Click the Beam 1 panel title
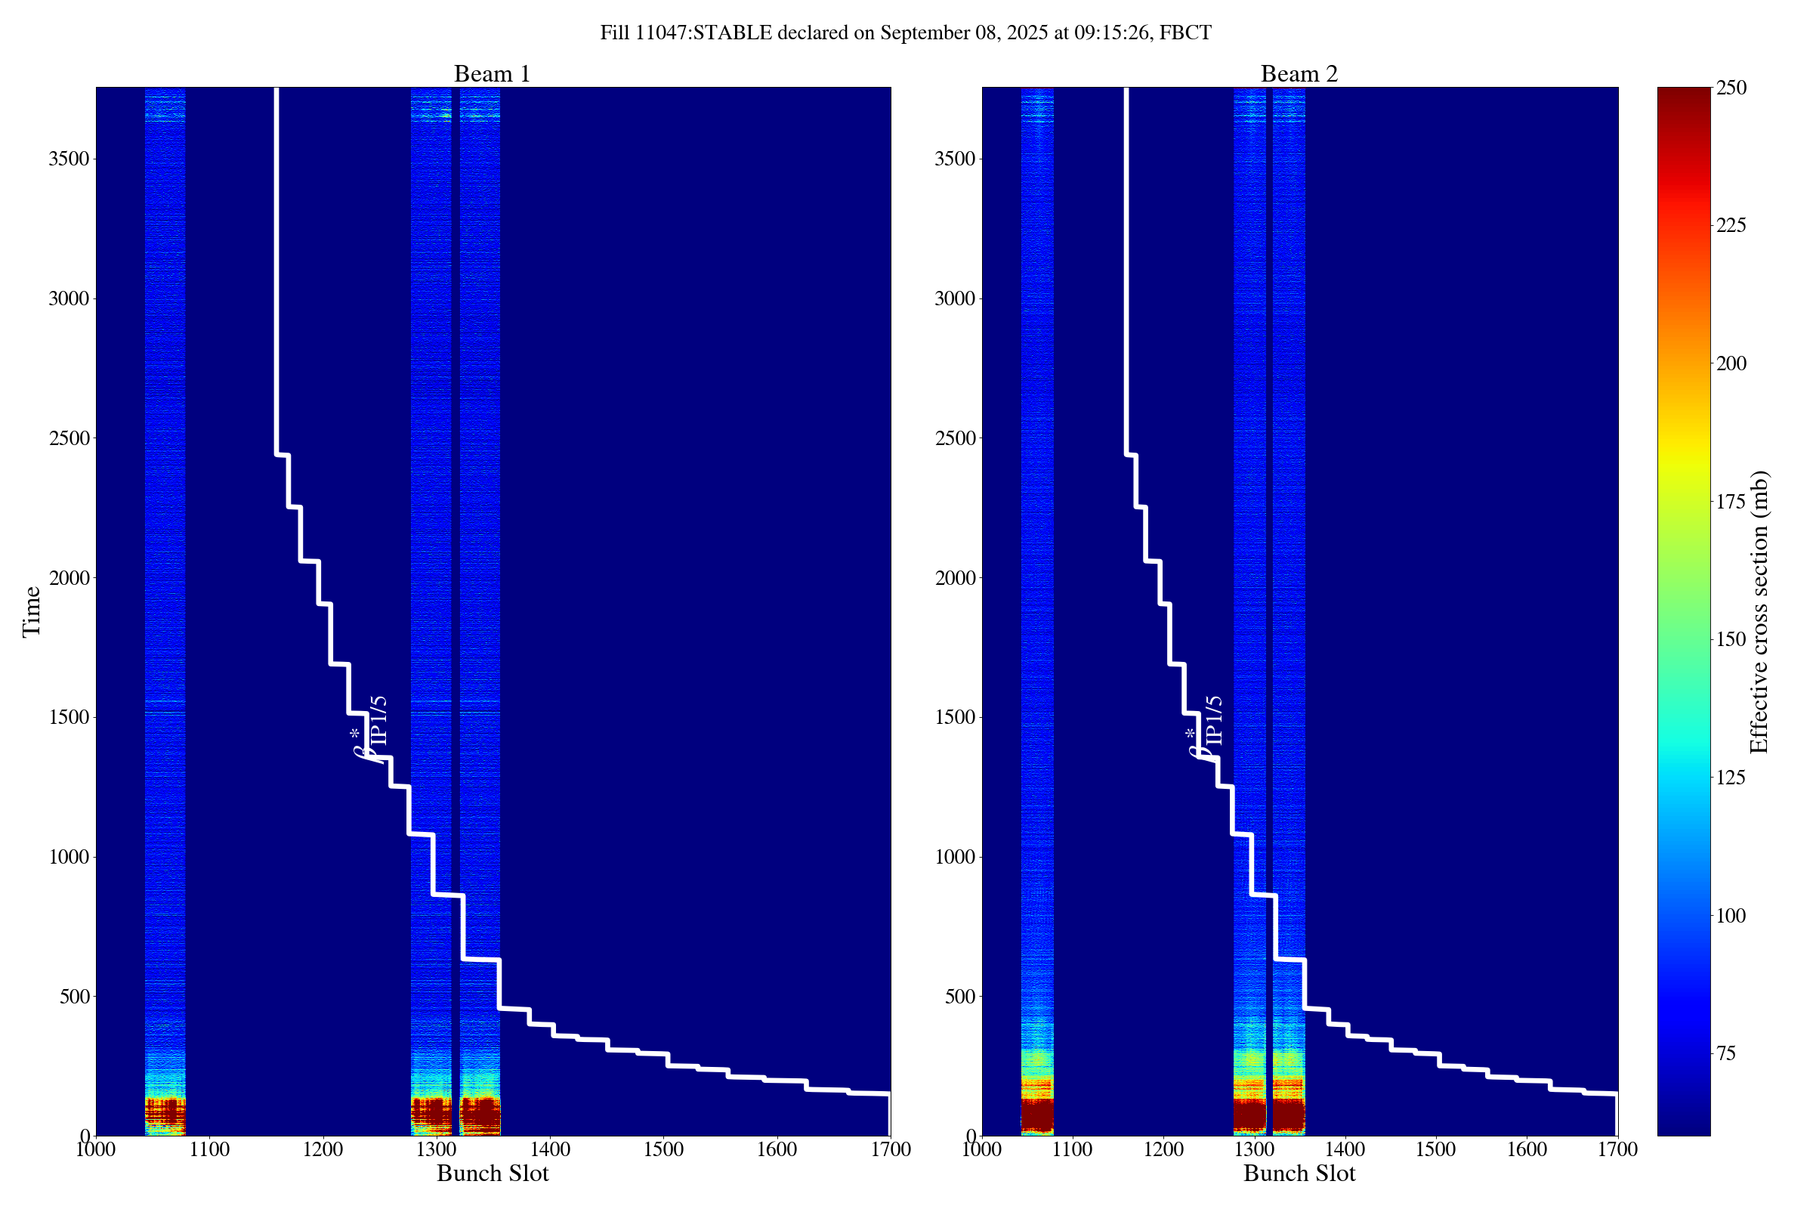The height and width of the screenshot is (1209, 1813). coord(492,74)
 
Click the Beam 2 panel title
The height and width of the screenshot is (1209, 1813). coord(1299,74)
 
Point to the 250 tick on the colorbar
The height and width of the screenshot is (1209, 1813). coord(1730,88)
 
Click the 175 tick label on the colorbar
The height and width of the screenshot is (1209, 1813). coord(1730,502)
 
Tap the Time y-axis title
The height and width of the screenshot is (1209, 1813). coord(32,611)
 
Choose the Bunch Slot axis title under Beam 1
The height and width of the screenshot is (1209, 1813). coord(493,1173)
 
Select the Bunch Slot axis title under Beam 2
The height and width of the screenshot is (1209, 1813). coord(1299,1173)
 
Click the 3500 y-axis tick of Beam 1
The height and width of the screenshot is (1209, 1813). coord(69,159)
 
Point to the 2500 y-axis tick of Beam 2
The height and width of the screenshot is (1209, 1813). coord(955,439)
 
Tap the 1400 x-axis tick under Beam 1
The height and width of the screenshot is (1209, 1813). coord(550,1149)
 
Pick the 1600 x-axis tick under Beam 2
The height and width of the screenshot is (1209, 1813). coord(1527,1149)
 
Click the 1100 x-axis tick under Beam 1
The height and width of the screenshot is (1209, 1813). coord(210,1149)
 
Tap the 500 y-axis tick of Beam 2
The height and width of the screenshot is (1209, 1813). coord(959,997)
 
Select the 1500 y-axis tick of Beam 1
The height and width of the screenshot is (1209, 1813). coord(69,718)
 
